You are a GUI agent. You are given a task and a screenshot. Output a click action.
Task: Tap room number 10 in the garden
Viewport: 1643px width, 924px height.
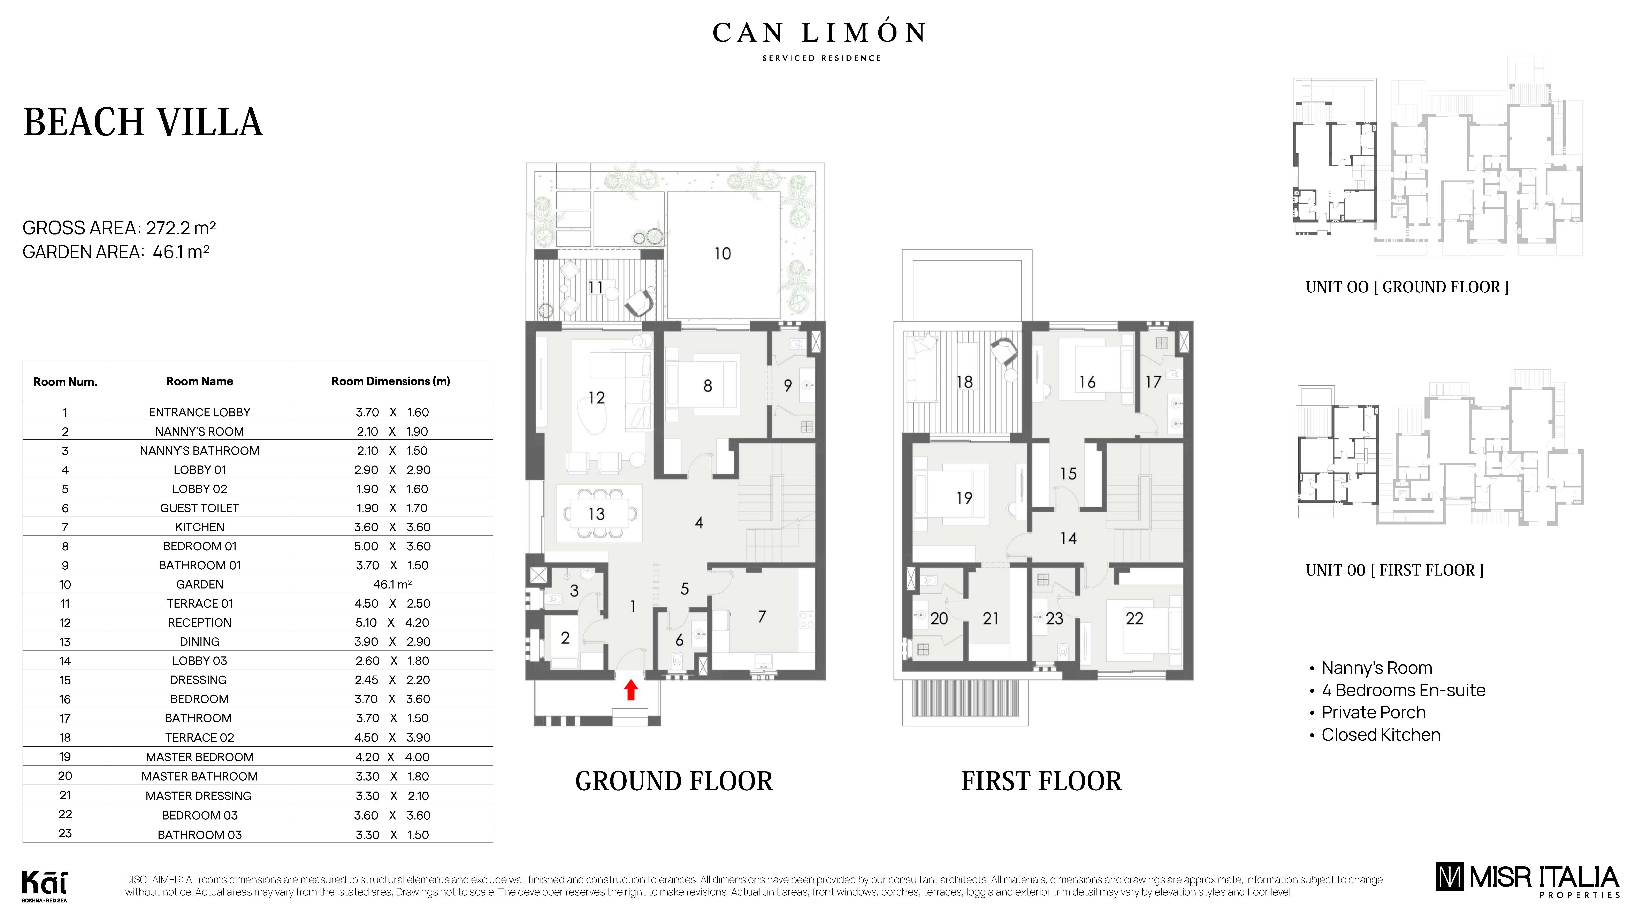point(722,254)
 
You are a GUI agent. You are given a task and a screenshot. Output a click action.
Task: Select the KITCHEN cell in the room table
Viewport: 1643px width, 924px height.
point(200,527)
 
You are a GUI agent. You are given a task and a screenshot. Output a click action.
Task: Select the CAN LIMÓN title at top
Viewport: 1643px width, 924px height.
point(819,33)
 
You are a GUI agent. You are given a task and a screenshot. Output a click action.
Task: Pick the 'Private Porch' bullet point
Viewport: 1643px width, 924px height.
point(1373,712)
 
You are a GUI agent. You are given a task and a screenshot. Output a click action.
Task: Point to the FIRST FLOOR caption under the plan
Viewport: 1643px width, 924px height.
point(1041,781)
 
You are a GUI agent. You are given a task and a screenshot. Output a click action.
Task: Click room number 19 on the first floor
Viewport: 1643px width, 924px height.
point(964,498)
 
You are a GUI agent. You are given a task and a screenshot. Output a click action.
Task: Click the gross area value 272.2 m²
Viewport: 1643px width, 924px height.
point(181,228)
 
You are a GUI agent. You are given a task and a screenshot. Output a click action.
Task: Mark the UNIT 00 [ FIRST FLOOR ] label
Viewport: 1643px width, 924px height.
point(1394,570)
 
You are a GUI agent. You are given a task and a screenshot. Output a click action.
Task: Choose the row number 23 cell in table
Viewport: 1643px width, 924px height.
point(65,833)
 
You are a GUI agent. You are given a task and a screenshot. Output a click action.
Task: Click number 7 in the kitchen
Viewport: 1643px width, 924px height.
point(762,617)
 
